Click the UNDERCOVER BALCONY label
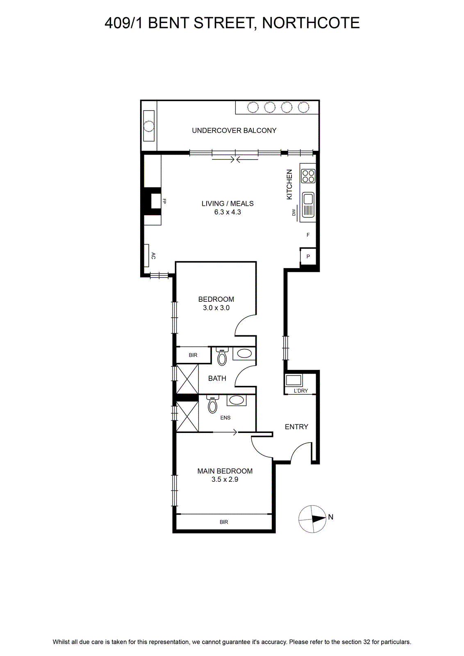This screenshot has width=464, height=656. pos(234,131)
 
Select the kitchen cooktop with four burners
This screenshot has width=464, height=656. pos(308,176)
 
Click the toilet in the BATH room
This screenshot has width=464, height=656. pos(222,356)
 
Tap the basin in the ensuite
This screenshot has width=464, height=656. pos(236,400)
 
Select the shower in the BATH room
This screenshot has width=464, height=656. pos(187,379)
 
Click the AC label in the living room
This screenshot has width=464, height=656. pos(153,256)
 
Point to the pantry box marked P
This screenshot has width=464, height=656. pos(308,257)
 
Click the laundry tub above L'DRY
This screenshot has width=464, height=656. pos(294,380)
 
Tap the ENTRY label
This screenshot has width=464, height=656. pos(296,427)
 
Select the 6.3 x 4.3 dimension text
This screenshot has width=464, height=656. pos(227,212)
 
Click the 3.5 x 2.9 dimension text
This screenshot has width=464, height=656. pos(225,479)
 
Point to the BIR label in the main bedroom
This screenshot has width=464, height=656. pos(224,522)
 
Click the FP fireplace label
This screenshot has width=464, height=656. pos(164,201)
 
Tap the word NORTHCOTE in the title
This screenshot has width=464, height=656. pos(311,23)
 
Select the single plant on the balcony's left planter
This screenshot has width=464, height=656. pos(148,126)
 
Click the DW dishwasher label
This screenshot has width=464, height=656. pos(294,212)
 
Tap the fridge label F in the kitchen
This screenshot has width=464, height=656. pos(308,235)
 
